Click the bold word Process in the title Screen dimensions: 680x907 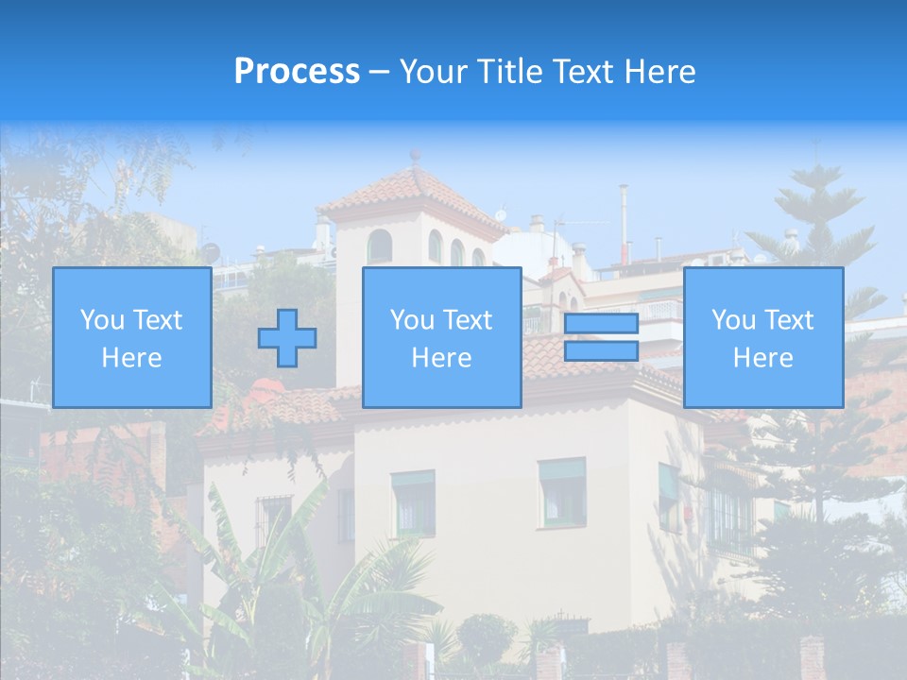(297, 72)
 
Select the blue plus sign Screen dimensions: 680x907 (287, 338)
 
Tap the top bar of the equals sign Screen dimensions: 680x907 (601, 324)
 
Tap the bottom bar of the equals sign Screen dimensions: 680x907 (601, 351)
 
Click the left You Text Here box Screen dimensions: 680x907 (131, 338)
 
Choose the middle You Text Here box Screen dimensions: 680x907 (441, 338)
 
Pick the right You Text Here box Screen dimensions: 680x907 (762, 338)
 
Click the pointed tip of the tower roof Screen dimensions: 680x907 (415, 156)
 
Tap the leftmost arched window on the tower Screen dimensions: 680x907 (379, 246)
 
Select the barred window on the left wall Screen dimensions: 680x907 (274, 519)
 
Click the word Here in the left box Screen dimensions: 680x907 (131, 358)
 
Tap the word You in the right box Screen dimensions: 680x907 (732, 320)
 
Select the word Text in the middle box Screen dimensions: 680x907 (468, 320)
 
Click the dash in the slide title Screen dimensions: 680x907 (379, 72)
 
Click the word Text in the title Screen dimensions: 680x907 (583, 72)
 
